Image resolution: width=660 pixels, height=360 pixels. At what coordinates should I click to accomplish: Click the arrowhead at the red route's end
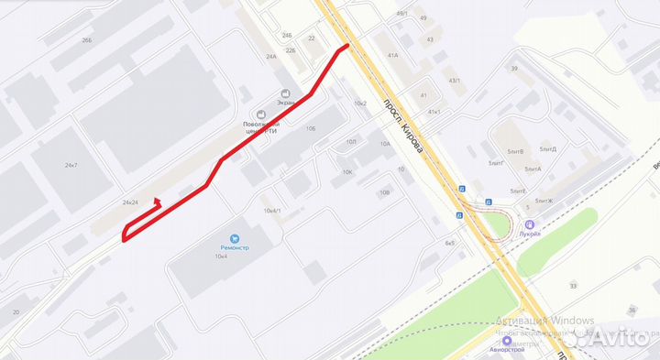click(x=156, y=202)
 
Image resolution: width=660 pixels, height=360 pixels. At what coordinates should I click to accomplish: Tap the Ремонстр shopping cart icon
click(x=236, y=236)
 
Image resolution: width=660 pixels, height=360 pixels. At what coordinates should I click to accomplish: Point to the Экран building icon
click(x=286, y=93)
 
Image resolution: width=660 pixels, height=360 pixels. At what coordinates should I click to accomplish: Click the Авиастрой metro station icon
click(x=506, y=340)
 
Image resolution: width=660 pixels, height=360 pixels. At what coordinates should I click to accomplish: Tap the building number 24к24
click(x=129, y=202)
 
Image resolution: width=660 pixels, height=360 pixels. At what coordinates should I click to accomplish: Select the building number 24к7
click(x=71, y=165)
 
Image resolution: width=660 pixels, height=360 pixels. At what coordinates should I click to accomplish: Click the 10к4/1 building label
click(x=271, y=211)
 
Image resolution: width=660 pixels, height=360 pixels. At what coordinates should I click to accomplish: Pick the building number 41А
click(x=392, y=55)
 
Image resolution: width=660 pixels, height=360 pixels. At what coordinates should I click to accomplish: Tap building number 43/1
click(x=453, y=81)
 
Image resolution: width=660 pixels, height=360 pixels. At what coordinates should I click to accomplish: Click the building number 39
click(x=514, y=69)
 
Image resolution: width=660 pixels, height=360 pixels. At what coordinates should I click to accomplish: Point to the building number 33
click(x=573, y=286)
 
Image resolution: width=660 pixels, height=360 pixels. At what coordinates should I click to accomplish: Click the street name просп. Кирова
click(x=403, y=125)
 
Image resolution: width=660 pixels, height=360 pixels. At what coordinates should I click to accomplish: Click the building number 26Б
click(x=87, y=40)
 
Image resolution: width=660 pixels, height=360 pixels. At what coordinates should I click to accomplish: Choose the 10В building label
click(x=384, y=192)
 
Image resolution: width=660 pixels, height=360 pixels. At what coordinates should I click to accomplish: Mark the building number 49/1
click(x=402, y=14)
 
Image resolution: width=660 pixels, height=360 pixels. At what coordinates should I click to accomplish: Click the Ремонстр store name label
click(x=236, y=247)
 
